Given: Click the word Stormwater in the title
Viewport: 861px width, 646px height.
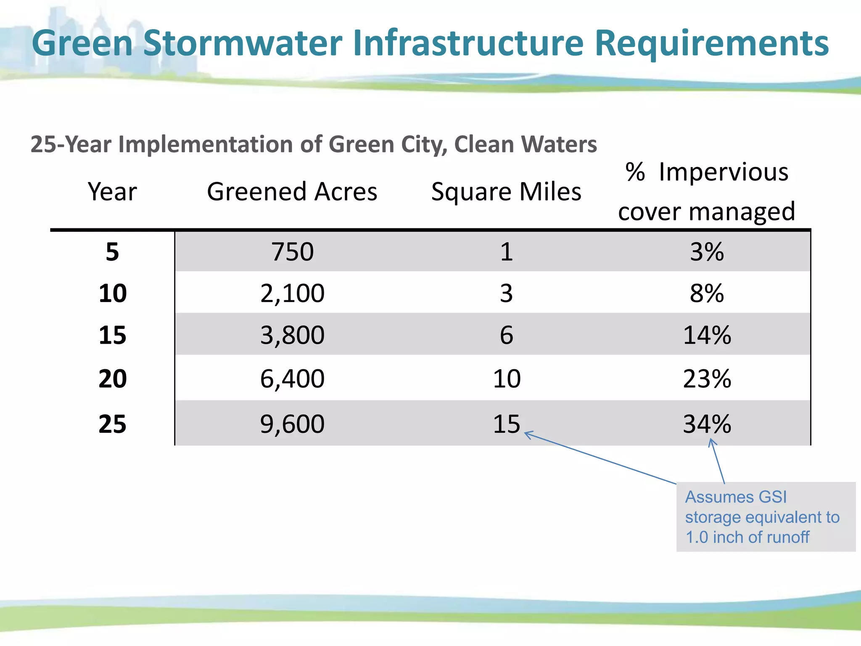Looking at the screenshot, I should tap(243, 43).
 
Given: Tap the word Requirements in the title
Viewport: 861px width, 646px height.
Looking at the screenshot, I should tap(711, 43).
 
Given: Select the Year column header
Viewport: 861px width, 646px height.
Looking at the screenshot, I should tap(112, 192).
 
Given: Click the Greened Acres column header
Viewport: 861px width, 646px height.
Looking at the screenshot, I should tap(292, 192).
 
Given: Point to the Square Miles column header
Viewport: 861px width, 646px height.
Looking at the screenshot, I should tap(506, 192).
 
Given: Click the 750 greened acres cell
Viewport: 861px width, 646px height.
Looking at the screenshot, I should tap(292, 252).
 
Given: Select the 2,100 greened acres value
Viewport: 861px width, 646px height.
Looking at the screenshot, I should tap(292, 293).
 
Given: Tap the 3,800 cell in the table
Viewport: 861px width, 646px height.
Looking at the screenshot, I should tap(292, 335).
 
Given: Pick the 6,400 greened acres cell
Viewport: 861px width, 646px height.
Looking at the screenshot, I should tap(292, 379).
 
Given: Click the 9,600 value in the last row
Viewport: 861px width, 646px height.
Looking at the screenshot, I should tap(292, 424).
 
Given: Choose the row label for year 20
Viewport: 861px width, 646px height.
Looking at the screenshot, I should tap(112, 379).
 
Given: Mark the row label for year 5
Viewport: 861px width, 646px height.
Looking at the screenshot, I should tap(112, 252).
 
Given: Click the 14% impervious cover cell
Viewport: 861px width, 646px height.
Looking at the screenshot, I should tap(707, 335).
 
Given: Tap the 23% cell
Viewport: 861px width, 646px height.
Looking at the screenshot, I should tap(707, 379).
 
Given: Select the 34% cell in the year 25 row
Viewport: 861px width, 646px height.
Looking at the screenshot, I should tap(707, 424).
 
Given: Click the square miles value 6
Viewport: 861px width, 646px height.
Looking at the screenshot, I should tap(506, 335).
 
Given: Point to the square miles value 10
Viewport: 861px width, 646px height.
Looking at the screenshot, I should tap(506, 379).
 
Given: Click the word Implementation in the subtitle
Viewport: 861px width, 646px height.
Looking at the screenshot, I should tap(206, 144).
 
